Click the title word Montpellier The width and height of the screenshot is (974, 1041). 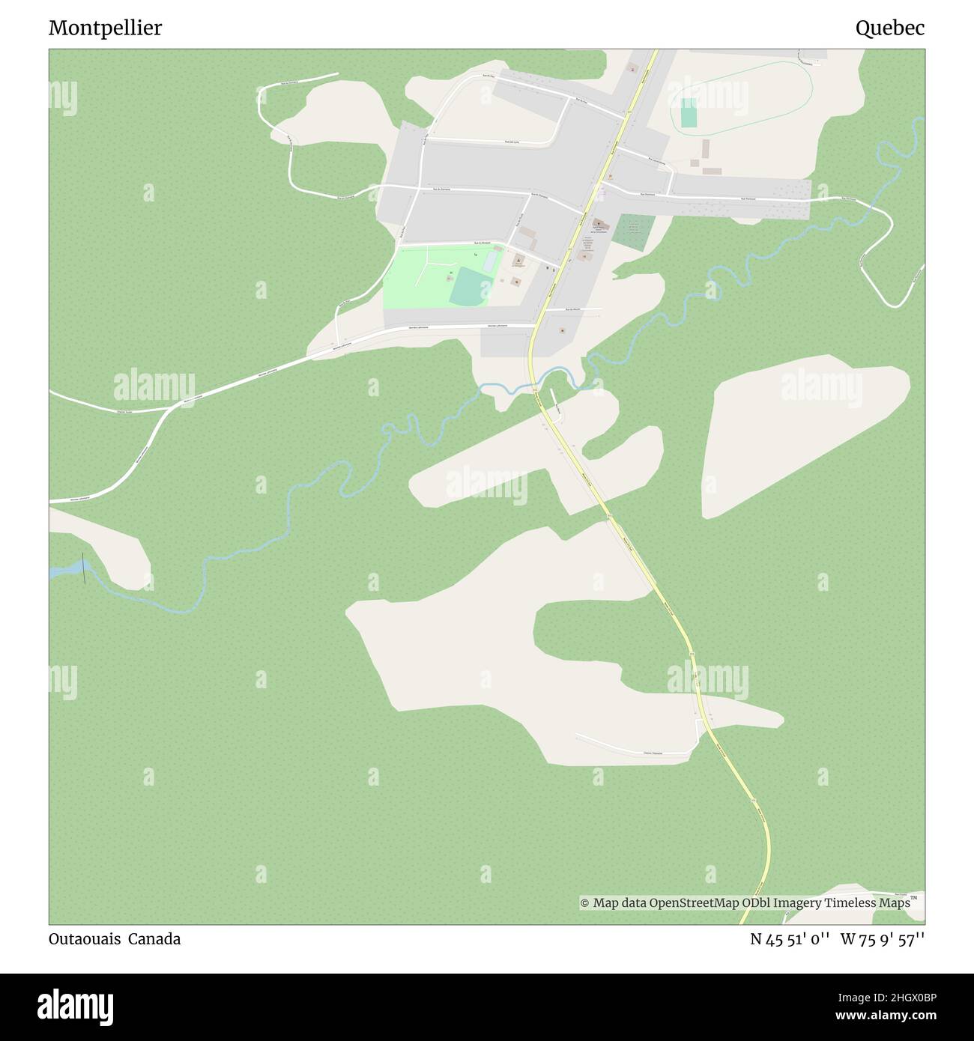pyautogui.click(x=105, y=28)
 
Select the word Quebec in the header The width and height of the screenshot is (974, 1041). pyautogui.click(x=889, y=28)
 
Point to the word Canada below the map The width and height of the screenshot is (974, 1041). pyautogui.click(x=154, y=939)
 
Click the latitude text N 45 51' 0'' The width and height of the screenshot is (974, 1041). pyautogui.click(x=790, y=939)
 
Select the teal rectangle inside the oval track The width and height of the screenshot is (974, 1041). pyautogui.click(x=689, y=112)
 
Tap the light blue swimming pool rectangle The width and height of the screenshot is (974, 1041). pyautogui.click(x=490, y=261)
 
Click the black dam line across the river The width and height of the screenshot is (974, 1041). pyautogui.click(x=83, y=568)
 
